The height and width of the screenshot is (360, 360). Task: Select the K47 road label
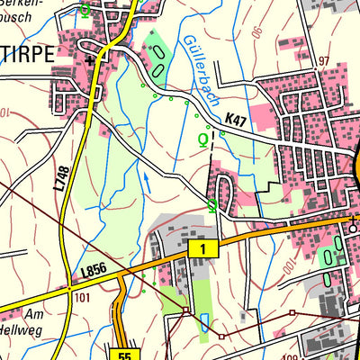pyautogui.click(x=237, y=119)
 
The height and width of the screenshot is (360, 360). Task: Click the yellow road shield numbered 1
pyautogui.click(x=203, y=247)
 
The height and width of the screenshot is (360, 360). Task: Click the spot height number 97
pyautogui.click(x=325, y=60)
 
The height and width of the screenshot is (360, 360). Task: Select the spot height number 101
pyautogui.click(x=84, y=296)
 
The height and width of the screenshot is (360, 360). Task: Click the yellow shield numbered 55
pyautogui.click(x=124, y=355)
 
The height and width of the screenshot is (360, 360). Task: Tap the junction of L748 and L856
pyautogui.click(x=68, y=289)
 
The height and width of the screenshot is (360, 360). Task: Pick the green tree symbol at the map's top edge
pyautogui.click(x=84, y=10)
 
